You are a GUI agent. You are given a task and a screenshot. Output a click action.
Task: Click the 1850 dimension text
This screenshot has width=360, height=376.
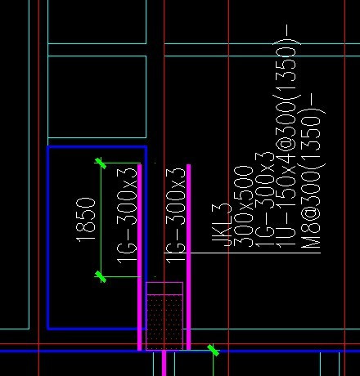click(x=85, y=220)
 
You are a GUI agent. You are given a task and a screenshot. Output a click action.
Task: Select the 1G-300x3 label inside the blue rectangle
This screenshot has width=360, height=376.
click(x=127, y=216)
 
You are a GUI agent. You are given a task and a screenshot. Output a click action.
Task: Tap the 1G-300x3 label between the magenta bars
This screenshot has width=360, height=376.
click(x=176, y=216)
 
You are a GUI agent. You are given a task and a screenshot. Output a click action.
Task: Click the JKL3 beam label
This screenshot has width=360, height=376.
click(x=222, y=225)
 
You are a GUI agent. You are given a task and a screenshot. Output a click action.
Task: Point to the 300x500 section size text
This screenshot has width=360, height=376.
click(x=244, y=207)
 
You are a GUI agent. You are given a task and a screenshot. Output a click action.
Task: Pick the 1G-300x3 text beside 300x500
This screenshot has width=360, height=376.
click(x=265, y=199)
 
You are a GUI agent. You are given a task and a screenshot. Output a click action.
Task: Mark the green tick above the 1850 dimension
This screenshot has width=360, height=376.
click(x=101, y=163)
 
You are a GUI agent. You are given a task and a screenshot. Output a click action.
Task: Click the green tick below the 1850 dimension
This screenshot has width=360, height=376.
click(x=101, y=277)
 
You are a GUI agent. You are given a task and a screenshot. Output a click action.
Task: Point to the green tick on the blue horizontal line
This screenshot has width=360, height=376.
click(x=213, y=351)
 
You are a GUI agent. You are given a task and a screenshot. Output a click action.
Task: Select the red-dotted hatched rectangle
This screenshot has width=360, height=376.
click(x=164, y=322)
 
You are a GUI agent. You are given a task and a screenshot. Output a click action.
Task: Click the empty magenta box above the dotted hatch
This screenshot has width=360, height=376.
click(x=164, y=289)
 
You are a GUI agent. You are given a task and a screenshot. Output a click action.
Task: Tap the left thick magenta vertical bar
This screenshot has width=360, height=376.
click(x=140, y=257)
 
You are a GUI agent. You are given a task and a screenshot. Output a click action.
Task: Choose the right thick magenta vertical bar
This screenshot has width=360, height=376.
click(x=188, y=257)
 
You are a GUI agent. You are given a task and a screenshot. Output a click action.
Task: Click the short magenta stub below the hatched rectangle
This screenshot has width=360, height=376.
click(x=164, y=363)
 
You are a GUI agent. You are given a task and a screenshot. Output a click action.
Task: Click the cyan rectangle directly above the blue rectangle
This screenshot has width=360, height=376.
click(x=97, y=96)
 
